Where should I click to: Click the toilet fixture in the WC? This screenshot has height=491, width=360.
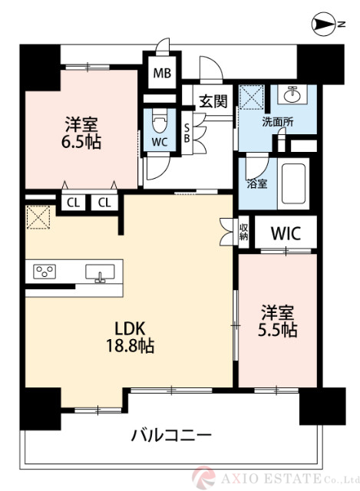tap(159, 123)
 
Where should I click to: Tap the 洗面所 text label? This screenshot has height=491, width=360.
tap(277, 121)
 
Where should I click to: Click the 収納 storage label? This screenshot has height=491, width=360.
tap(243, 232)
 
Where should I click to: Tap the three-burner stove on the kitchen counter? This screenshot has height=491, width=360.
tap(45, 272)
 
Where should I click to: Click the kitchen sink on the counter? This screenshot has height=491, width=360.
tap(100, 273)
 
